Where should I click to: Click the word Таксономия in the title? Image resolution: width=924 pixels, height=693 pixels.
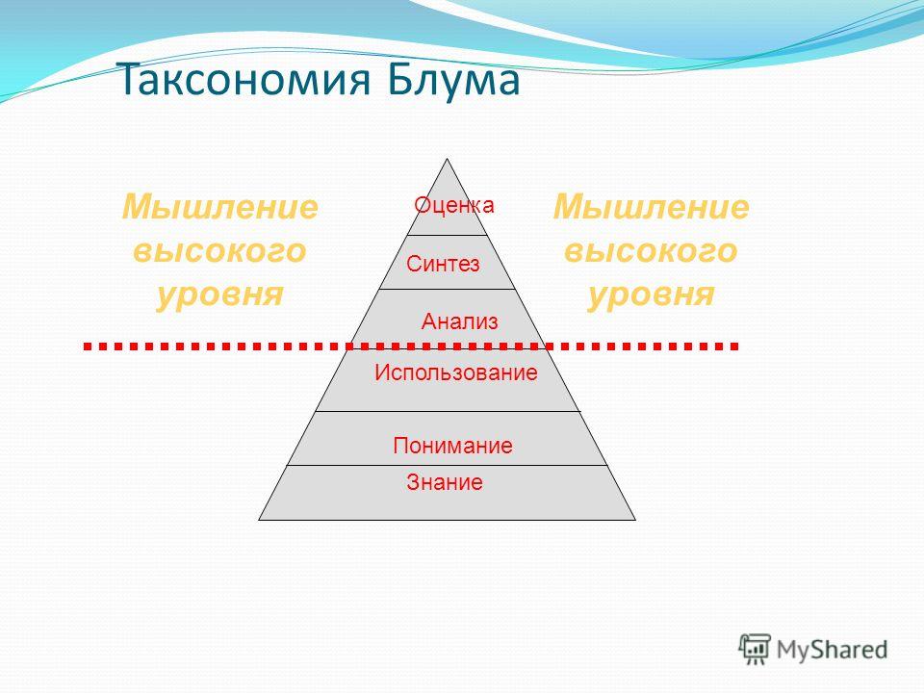pos(245,80)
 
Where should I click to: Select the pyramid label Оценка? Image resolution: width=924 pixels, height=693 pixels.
pos(453,205)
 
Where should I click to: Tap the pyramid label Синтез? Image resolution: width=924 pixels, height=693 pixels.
pos(443,264)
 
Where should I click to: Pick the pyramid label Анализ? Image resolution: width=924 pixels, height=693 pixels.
pos(460,321)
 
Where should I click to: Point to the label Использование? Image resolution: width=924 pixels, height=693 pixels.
pos(456,372)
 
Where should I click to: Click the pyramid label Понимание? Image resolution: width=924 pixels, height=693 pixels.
pos(452,445)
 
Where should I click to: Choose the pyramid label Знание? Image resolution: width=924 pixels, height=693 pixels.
pos(445,482)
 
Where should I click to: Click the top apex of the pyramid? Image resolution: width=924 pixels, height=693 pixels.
pos(448,159)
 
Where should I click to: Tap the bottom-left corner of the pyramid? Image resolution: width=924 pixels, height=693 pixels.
pos(259,520)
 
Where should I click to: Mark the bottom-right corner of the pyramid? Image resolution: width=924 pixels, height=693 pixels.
pos(635,520)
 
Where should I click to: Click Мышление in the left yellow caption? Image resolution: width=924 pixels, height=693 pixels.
pos(219,207)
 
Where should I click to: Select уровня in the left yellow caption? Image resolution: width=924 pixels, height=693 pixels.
pos(219,295)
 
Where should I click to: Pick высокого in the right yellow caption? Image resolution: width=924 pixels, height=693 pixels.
pos(651,250)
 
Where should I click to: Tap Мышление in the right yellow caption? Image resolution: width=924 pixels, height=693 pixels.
pos(651,207)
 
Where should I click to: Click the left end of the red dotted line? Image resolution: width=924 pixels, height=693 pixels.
pos(86,346)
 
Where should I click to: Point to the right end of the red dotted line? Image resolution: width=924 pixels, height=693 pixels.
pos(735,346)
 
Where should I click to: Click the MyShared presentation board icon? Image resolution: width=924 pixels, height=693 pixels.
pos(755,650)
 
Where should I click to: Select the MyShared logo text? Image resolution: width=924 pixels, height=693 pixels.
pos(832,650)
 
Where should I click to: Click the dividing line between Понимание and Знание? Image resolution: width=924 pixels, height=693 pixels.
pos(447,466)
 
